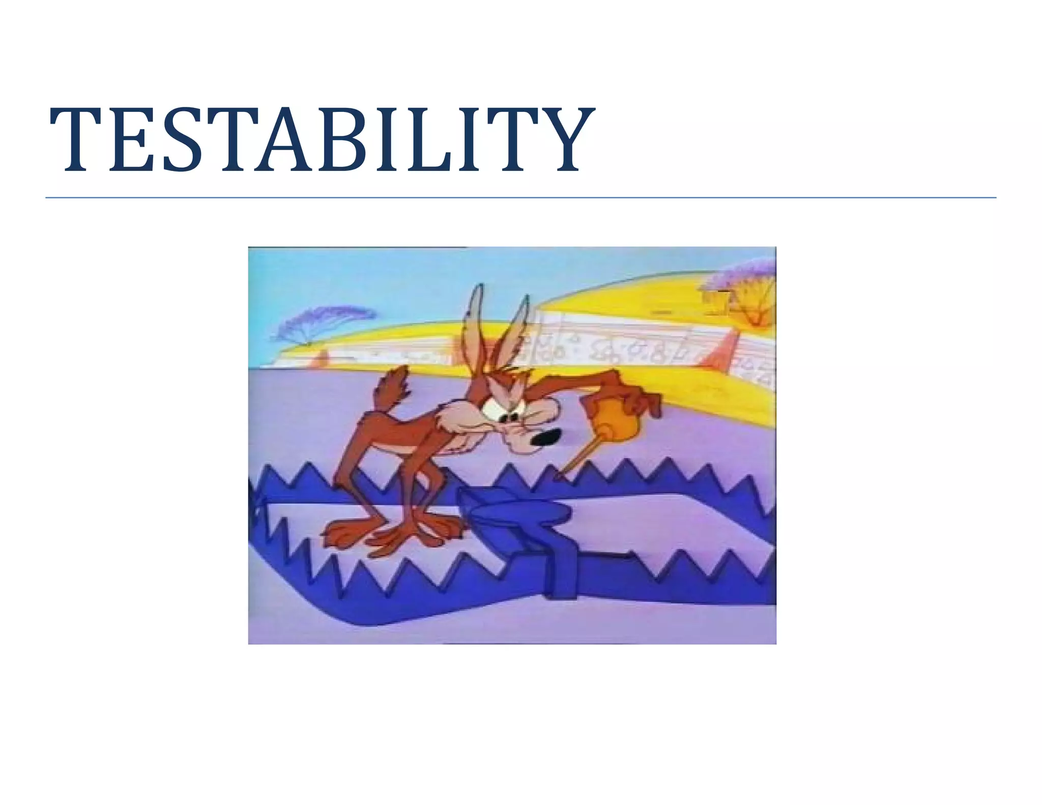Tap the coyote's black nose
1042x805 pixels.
click(x=545, y=437)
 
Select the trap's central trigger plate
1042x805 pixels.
click(x=514, y=509)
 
